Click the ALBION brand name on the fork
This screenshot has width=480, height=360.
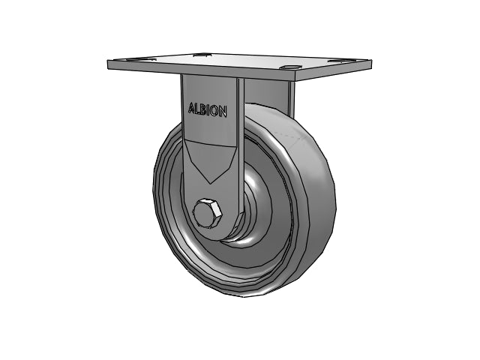[x=208, y=110]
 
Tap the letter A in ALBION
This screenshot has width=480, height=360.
[x=191, y=108]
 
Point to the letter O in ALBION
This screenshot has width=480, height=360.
[x=215, y=111]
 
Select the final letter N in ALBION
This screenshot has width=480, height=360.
[x=223, y=112]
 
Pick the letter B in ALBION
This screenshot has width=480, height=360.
[x=203, y=110]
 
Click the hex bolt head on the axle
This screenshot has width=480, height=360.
[x=207, y=212]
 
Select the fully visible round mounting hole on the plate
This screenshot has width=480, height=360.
[x=290, y=67]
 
